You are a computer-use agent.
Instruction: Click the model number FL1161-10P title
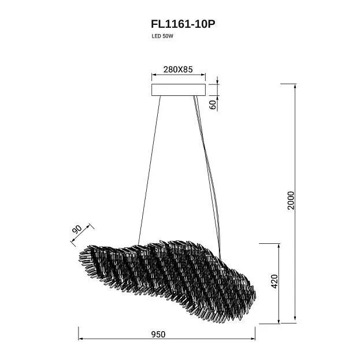pos(183,24)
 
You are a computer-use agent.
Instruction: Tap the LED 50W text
pos(162,36)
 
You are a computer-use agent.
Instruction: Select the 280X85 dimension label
pos(178,69)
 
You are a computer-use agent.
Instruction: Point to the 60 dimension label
pos(213,105)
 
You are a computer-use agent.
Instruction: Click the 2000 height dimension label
pos(291,200)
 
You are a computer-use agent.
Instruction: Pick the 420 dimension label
pos(274,281)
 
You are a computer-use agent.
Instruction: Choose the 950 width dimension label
pos(158,334)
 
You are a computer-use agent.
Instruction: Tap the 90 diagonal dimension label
pos(77,229)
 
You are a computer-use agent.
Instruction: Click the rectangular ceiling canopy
pos(179,90)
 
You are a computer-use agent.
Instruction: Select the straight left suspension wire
pos(149,170)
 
